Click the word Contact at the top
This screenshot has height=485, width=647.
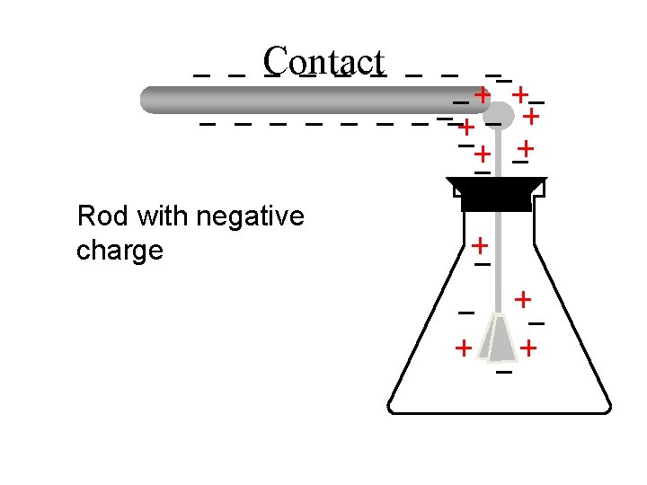pos(324,61)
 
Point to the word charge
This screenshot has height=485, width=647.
pos(120,250)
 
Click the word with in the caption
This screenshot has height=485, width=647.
pos(156,216)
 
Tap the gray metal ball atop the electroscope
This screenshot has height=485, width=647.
pos(500,113)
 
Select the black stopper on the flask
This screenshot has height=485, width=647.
pos(496,193)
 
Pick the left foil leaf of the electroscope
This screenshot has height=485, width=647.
pos(489,339)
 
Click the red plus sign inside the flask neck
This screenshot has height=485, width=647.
pos(481,244)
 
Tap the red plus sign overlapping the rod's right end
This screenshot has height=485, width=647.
pos(483,93)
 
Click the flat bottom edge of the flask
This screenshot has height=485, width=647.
pos(500,412)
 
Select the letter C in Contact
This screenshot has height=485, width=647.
pos(275,61)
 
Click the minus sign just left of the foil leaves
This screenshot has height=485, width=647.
pos(465,313)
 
